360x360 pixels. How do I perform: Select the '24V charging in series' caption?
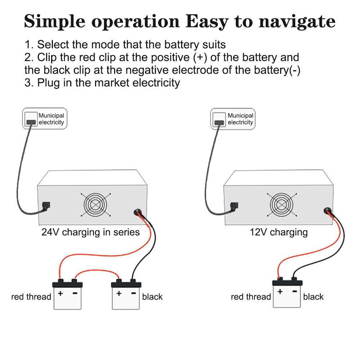click(91, 232)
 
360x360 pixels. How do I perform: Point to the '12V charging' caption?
click(279, 232)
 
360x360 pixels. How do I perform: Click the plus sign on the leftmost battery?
click(60, 293)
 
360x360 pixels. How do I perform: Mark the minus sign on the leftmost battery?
click(75, 293)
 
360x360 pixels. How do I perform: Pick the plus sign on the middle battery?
click(119, 293)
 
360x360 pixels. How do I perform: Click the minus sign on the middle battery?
click(133, 293)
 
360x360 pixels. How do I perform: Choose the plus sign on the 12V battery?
click(280, 291)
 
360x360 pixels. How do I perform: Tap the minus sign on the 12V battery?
click(294, 291)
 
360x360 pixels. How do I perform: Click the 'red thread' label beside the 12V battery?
click(251, 297)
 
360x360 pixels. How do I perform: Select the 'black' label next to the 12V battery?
click(313, 297)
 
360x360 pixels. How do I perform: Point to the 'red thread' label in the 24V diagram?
click(31, 297)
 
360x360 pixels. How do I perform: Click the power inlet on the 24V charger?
click(46, 206)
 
